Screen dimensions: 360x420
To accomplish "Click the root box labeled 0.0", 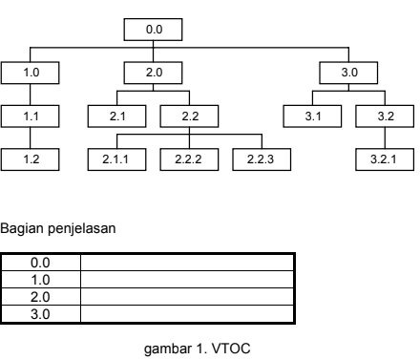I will (x=153, y=32).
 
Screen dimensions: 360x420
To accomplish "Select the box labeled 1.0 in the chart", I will (x=31, y=73).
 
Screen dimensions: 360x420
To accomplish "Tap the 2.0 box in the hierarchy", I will (x=153, y=73).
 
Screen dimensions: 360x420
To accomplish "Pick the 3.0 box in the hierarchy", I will (x=347, y=73).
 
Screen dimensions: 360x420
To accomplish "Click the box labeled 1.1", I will (x=31, y=116).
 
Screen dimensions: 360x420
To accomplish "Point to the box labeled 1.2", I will (x=31, y=159).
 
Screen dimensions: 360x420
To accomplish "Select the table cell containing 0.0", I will (x=41, y=261).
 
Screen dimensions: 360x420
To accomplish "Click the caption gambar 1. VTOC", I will (x=197, y=349).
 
